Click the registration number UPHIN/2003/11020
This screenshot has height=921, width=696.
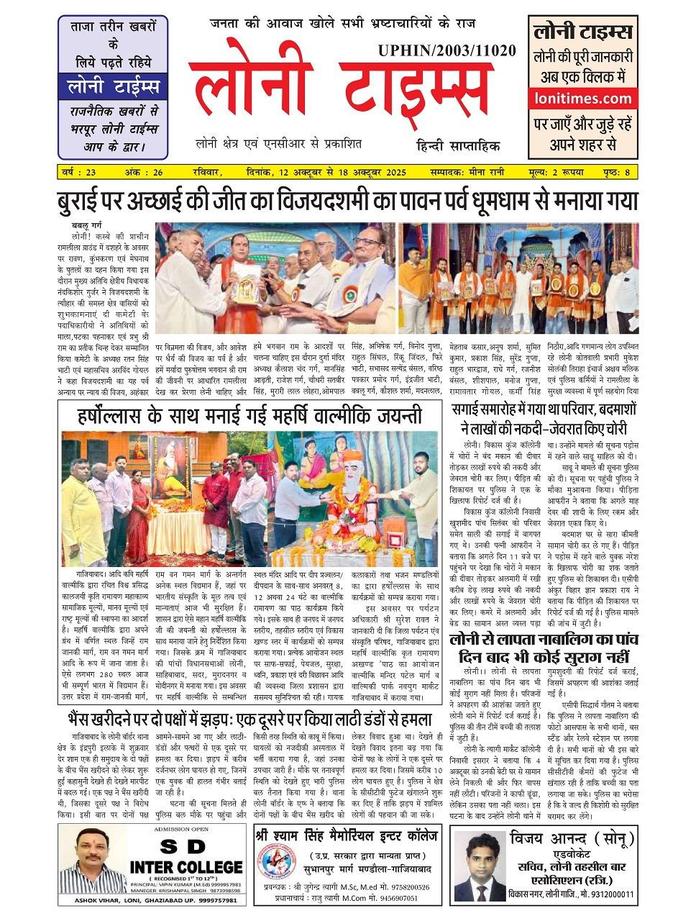(446, 50)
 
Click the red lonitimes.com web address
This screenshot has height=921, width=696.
(582, 99)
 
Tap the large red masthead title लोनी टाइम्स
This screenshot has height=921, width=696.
(338, 92)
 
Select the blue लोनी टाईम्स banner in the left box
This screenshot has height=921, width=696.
(113, 88)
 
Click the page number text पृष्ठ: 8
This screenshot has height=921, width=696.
(617, 172)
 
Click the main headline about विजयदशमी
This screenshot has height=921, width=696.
(348, 201)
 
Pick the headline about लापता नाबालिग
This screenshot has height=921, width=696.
(544, 647)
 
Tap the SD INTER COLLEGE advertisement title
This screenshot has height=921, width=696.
(186, 866)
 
